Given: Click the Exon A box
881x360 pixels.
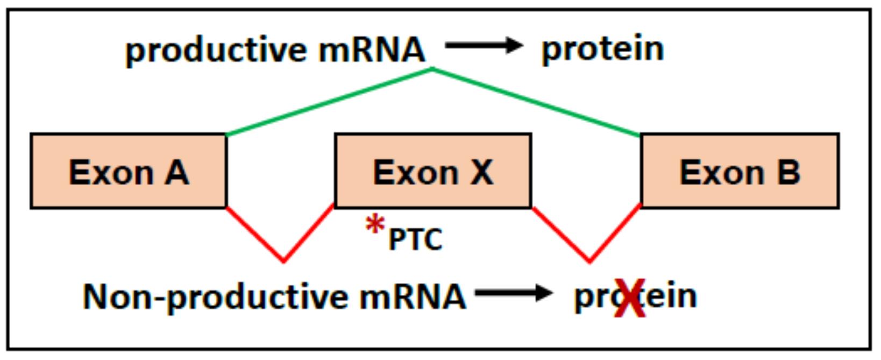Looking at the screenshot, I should [129, 171].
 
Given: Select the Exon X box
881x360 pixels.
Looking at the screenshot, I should [433, 171].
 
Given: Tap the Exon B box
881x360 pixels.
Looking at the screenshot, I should [740, 171].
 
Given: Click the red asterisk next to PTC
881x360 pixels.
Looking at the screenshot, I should [375, 224].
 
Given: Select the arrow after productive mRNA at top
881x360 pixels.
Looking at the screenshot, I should [484, 46].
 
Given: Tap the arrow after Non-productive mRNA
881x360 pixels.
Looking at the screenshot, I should [514, 293].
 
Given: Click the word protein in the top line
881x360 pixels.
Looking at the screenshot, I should [602, 49].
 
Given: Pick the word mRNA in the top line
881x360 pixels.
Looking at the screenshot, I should [372, 50].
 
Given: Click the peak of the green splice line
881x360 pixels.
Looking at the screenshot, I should [433, 69].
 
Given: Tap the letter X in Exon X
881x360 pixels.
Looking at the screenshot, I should [481, 172].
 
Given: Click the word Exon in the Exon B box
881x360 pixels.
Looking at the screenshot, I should [721, 172].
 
